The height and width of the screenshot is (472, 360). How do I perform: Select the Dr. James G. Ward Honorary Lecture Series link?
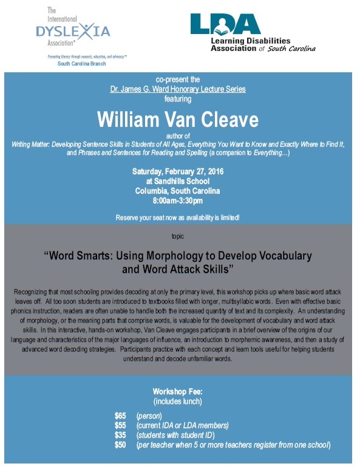177,89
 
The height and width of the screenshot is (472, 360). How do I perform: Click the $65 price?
120,416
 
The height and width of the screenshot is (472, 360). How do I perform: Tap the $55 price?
120,425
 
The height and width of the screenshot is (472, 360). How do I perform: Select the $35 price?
120,435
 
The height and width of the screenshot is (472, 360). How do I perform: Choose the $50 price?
120,445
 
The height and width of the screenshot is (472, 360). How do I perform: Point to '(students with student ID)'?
176,435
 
